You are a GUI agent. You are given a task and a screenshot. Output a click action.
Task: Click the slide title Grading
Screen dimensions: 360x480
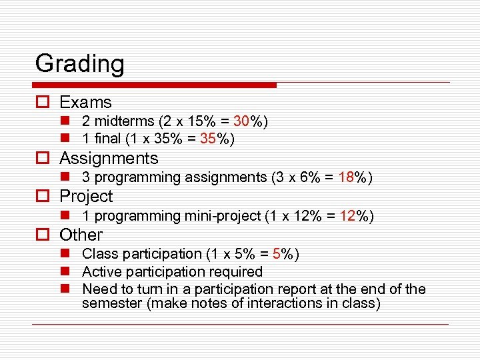[79, 65]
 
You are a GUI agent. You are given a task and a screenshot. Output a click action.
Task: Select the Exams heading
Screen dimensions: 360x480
[85, 102]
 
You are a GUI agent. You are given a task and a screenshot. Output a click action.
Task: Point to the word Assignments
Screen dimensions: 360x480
[109, 159]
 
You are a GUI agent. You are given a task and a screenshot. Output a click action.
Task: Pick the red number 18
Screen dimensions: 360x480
[346, 177]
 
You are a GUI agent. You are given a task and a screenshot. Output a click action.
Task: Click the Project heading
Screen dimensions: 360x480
[86, 197]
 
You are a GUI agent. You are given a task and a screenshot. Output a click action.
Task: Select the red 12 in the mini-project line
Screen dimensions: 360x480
[348, 216]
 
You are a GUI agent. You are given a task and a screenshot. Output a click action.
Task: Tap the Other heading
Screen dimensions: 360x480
[81, 235]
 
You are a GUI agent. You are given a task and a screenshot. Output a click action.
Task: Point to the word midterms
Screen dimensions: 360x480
[123, 121]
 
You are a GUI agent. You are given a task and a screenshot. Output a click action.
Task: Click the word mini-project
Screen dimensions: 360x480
[221, 216]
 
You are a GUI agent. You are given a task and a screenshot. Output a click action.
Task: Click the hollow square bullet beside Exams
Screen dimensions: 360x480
[41, 103]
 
